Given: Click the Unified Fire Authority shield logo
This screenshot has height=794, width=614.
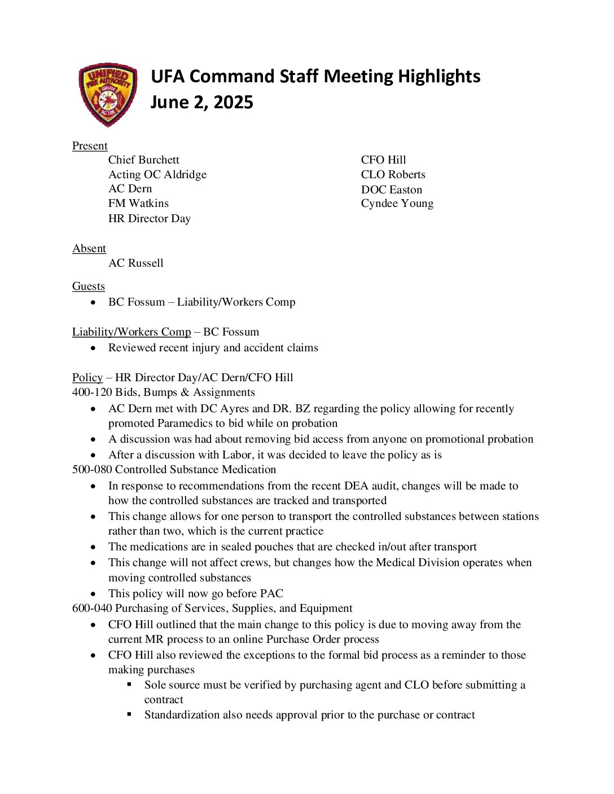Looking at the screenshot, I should coord(108,94).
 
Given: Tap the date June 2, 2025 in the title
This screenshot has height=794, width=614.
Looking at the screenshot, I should coord(201,102).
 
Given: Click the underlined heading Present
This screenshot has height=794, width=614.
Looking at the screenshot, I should coord(90,145).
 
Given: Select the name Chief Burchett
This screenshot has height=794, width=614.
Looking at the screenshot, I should coord(143,160).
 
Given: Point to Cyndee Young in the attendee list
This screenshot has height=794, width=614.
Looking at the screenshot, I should coord(397,204).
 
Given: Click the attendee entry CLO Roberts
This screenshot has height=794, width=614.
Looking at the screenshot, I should coord(393,174).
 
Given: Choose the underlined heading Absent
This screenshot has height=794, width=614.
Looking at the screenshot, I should coord(89,248).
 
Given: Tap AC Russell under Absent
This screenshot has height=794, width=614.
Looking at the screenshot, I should coord(135,263).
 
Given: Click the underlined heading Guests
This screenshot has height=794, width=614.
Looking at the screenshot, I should coord(89,286).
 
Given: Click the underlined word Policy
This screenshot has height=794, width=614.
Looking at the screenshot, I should coord(87,377).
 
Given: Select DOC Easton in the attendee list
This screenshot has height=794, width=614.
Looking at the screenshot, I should coord(391,189).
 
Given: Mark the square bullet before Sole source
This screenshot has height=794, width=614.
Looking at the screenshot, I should coord(129,684).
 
